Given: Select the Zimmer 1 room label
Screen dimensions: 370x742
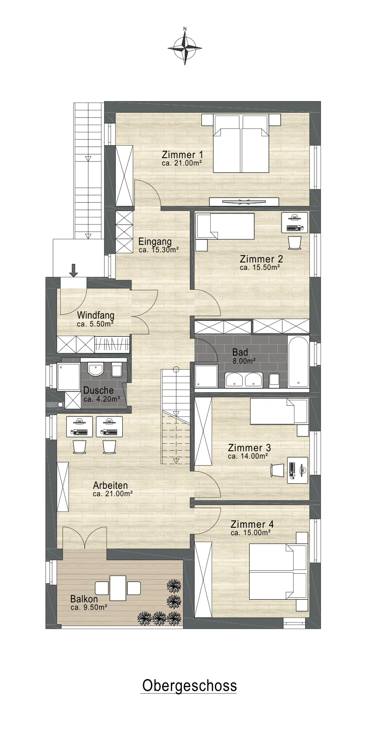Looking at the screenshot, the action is tap(182, 155).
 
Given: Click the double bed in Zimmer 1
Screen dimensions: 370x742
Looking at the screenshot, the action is tap(241, 143).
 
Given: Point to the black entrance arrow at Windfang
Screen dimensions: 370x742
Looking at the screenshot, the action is tap(74, 270).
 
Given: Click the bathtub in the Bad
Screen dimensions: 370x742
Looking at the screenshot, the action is tap(299, 362).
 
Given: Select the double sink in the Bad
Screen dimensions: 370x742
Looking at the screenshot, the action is tap(244, 380).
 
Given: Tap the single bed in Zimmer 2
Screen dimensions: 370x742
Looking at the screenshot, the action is tap(225, 226).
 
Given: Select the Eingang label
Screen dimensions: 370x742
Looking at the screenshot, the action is tap(155, 241).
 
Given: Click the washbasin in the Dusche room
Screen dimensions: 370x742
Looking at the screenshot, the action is tap(96, 369).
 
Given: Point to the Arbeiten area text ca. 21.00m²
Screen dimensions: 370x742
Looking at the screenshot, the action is tap(113, 493).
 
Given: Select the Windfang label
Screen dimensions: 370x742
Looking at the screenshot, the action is tap(95, 315).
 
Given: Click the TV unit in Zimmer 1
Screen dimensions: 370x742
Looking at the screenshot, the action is tap(245, 201).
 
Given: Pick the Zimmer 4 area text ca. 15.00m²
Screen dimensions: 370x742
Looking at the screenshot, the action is tap(251, 533).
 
